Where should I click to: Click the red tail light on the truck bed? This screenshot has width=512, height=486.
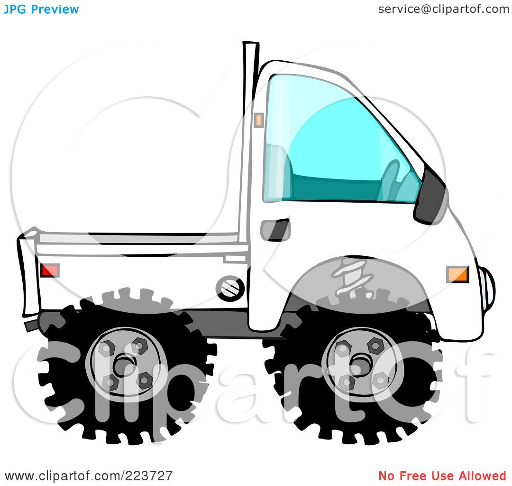coord(50,271)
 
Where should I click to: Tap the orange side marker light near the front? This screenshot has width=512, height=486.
coord(457,274)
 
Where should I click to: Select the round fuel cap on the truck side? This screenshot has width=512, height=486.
coord(230,288)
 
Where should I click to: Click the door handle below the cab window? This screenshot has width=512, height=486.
coord(275,230)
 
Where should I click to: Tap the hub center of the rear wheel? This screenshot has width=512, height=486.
coord(125,364)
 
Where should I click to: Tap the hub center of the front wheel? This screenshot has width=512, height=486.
coord(362,364)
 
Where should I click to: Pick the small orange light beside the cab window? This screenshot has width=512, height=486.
coord(258,120)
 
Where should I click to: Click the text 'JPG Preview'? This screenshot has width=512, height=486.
coord(41,9)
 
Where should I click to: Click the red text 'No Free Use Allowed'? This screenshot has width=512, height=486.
coord(442,476)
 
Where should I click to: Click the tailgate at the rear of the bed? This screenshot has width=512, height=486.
coord(29,273)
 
